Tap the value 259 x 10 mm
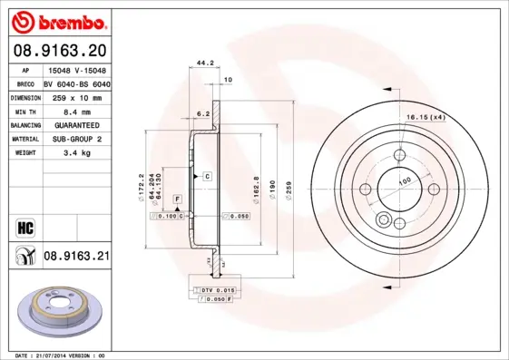(75, 96)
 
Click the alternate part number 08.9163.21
(76, 257)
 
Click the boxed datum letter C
(207, 175)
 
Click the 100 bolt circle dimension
(404, 181)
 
